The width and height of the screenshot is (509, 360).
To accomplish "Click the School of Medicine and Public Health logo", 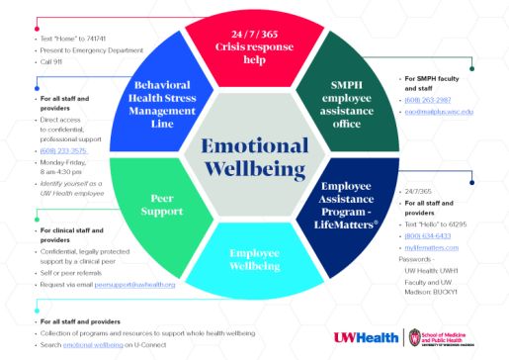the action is point(451,337).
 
